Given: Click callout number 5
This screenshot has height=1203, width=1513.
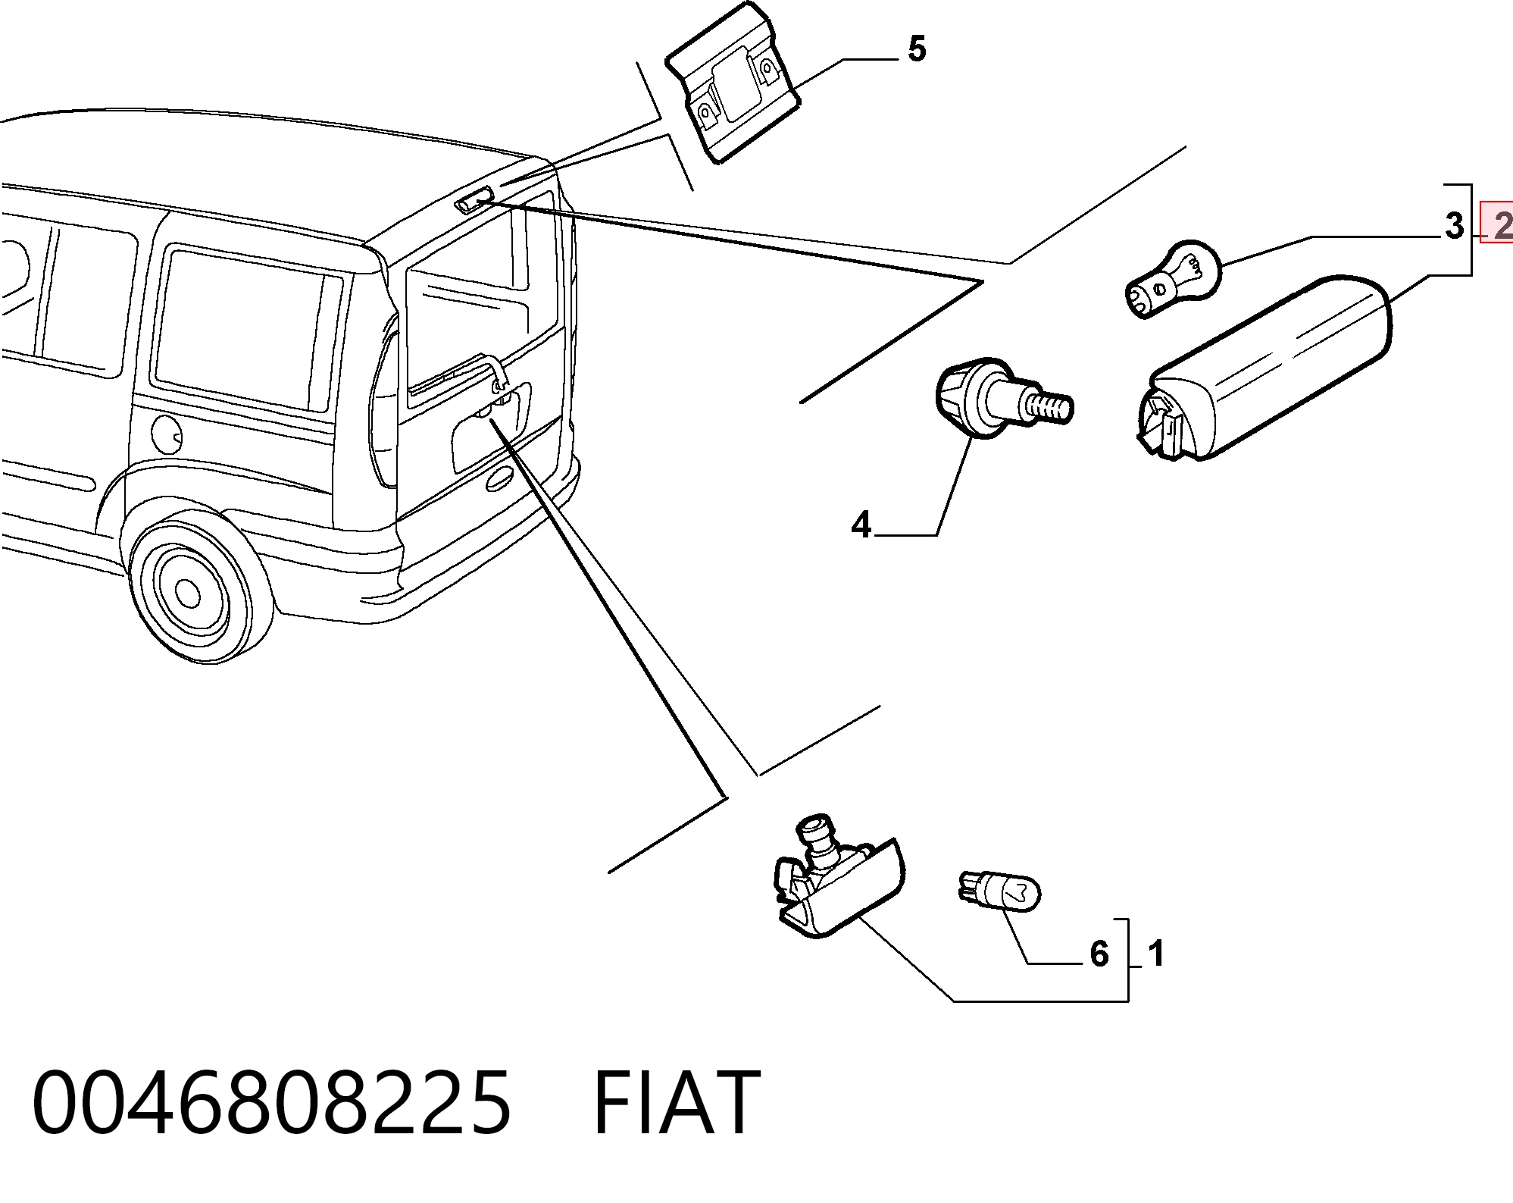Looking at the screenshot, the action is coord(917,49).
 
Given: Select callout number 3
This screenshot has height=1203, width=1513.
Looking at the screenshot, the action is coord(1454,225).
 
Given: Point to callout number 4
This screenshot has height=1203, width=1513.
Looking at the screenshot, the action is coord(861,525).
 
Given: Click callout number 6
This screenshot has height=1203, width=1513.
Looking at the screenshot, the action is coord(1099,954).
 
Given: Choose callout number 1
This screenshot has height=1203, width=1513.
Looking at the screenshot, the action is coord(1155,953).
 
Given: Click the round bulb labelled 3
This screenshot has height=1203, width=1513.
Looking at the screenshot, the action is coord(1174,278).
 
